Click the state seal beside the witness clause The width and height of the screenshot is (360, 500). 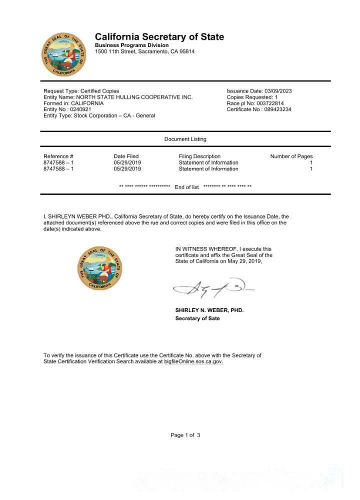point(99,267)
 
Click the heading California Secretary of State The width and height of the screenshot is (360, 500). point(159,37)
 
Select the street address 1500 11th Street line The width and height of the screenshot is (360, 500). point(144,51)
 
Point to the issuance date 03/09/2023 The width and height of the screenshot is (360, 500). point(278,91)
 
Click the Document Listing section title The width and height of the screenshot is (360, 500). point(185,139)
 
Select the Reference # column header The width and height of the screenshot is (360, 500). point(58,156)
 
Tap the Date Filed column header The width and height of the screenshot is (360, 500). point(126,156)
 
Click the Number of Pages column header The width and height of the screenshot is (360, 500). point(291,156)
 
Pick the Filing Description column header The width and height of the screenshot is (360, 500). point(199,156)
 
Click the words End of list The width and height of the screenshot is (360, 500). point(186,187)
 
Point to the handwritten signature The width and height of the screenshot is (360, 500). point(212,288)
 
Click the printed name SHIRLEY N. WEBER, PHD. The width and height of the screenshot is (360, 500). point(209,310)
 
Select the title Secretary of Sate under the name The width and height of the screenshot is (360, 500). point(197,318)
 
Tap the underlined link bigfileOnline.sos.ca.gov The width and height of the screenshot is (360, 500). point(193,361)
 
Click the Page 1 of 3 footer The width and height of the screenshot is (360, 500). point(185,435)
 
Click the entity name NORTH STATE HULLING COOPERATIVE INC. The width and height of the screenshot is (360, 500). point(134,97)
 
